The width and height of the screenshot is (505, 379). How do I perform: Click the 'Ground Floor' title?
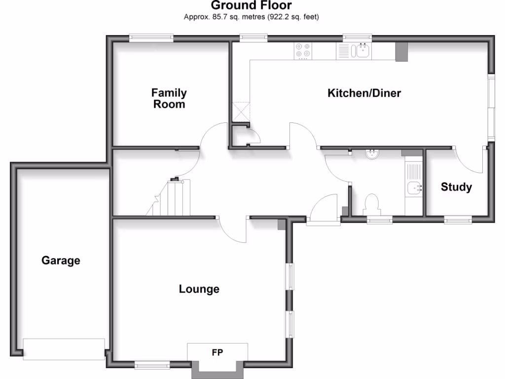pyautogui.click(x=252, y=6)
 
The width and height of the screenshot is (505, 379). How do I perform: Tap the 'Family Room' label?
pyautogui.click(x=169, y=98)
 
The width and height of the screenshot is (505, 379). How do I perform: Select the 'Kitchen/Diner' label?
pyautogui.click(x=364, y=93)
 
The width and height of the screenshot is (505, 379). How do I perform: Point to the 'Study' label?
pyautogui.click(x=456, y=187)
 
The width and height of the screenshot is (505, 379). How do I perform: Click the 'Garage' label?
pyautogui.click(x=61, y=260)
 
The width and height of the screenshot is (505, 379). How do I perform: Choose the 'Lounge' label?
pyautogui.click(x=199, y=289)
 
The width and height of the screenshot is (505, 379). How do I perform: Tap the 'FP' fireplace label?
pyautogui.click(x=217, y=352)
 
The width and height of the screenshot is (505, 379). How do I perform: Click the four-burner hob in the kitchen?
pyautogui.click(x=302, y=51)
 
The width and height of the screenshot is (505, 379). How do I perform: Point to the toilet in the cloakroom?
pyautogui.click(x=371, y=203)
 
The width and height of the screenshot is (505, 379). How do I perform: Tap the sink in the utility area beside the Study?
pyautogui.click(x=413, y=188)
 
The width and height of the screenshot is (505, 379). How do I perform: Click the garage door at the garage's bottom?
pyautogui.click(x=64, y=349)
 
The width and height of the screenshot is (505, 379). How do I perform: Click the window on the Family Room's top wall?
pyautogui.click(x=151, y=38)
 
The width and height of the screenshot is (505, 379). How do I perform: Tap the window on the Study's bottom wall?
pyautogui.click(x=458, y=220)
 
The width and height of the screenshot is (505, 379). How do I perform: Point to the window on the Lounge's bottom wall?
pyautogui.click(x=152, y=365)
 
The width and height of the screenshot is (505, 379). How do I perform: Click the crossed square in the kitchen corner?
pyautogui.click(x=242, y=111)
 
